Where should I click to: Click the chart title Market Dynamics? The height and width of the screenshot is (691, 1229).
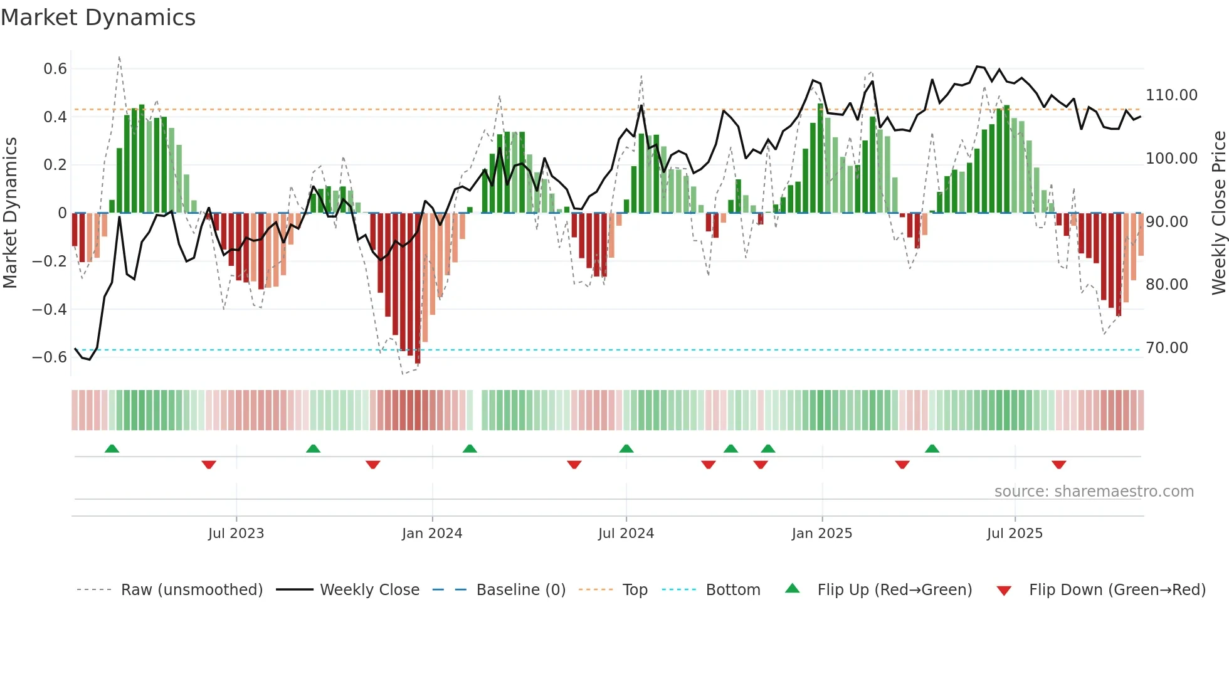click(x=98, y=18)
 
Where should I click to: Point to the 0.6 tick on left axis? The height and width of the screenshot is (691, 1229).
click(x=55, y=69)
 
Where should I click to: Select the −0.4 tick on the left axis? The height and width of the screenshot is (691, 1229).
click(x=50, y=309)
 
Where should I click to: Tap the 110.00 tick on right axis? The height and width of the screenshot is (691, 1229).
click(x=1171, y=95)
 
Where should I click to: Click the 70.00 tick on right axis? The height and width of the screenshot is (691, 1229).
click(x=1166, y=348)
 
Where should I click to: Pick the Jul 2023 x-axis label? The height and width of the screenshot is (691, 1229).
click(x=236, y=534)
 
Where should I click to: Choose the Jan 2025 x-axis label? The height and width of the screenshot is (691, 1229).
click(x=821, y=534)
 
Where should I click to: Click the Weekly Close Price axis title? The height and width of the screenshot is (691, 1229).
click(x=1218, y=213)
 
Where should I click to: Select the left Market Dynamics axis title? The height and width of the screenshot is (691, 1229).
click(x=10, y=213)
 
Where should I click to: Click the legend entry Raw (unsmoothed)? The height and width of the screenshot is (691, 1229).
click(x=191, y=590)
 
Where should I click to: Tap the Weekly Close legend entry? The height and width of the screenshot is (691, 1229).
click(x=369, y=590)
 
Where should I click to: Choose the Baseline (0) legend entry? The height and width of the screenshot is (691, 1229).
click(x=520, y=590)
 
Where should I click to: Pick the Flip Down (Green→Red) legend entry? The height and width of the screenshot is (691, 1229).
click(x=1117, y=590)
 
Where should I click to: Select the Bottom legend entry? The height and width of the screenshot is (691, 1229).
click(x=732, y=590)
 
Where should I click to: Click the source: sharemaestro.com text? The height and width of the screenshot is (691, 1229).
click(x=1094, y=492)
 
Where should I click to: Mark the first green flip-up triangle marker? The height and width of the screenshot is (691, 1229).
click(x=112, y=449)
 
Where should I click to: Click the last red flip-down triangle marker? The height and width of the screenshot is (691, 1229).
click(x=1058, y=465)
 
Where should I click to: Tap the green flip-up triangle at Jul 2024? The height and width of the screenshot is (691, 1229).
click(x=626, y=449)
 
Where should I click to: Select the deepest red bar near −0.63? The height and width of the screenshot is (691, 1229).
click(x=418, y=288)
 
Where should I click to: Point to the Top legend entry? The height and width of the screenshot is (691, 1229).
click(x=635, y=590)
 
